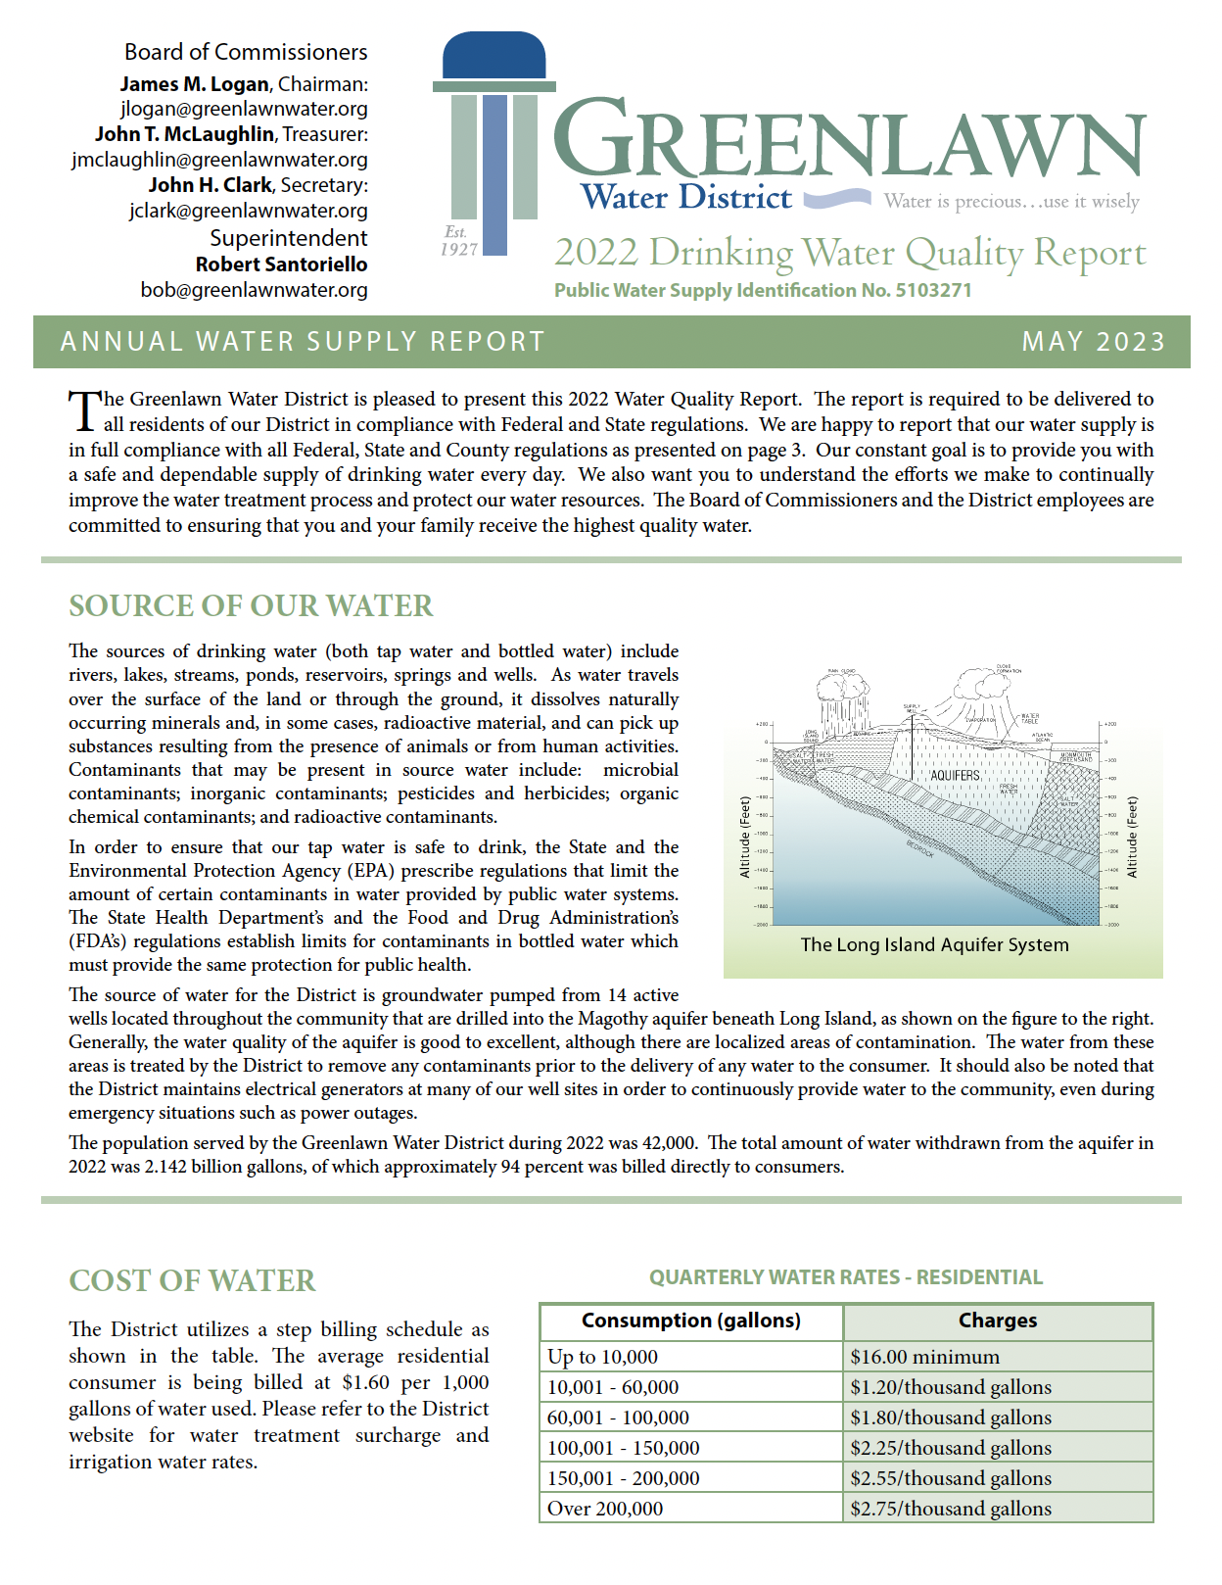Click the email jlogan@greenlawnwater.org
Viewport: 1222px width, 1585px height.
(244, 109)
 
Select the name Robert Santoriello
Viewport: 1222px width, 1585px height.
(281, 264)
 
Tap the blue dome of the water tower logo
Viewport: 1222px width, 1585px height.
(493, 56)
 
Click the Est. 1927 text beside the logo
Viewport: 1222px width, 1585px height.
(458, 241)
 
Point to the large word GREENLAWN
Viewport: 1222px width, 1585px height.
(849, 140)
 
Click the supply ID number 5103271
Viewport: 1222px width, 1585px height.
(933, 290)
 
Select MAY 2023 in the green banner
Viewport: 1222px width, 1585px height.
(1093, 342)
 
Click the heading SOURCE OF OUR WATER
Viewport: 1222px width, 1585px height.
(251, 605)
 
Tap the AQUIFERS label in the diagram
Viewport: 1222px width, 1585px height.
(955, 775)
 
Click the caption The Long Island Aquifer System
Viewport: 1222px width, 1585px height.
(934, 944)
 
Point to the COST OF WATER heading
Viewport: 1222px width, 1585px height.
(192, 1280)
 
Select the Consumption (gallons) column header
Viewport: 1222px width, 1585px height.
(690, 1321)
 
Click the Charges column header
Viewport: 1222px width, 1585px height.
(997, 1321)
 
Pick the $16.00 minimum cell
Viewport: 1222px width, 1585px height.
(924, 1357)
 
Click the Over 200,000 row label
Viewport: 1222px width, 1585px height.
(605, 1509)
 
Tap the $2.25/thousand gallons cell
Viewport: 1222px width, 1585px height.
(950, 1448)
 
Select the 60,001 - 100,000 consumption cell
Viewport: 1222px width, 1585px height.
(618, 1417)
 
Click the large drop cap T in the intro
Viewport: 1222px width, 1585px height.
(84, 410)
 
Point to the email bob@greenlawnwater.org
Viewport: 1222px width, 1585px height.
(254, 290)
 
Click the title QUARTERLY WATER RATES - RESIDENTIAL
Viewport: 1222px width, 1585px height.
(846, 1277)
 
